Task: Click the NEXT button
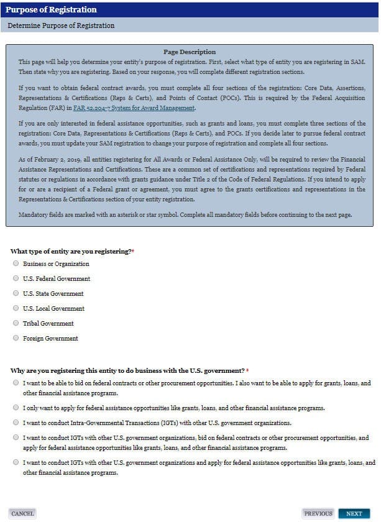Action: point(354,514)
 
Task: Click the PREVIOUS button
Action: point(318,514)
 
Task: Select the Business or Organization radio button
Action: point(16,263)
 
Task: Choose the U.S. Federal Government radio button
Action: point(16,278)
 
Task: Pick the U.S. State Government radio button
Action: point(16,293)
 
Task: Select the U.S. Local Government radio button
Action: point(16,308)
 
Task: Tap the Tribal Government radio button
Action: point(16,323)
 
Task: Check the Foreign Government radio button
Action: point(16,338)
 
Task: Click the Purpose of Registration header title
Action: point(51,10)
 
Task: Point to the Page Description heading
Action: point(190,52)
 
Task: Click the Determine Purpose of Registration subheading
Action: point(61,25)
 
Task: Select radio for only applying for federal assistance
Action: point(16,408)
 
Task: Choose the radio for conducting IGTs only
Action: point(16,423)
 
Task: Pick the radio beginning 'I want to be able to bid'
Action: point(16,383)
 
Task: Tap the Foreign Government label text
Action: point(50,339)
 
